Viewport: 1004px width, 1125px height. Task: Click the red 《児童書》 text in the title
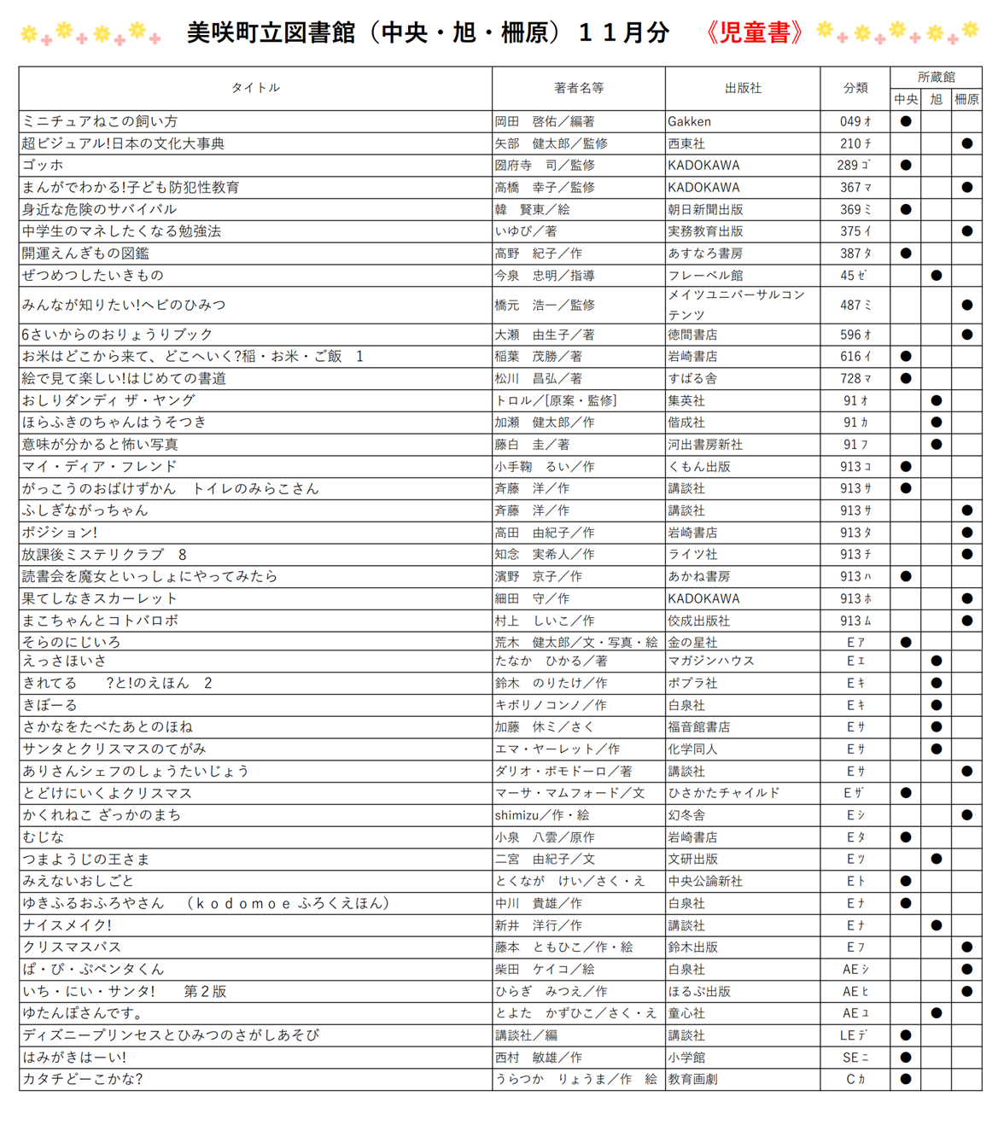click(x=755, y=32)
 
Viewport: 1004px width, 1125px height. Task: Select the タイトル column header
click(x=255, y=88)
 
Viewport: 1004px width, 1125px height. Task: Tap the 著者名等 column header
click(x=578, y=88)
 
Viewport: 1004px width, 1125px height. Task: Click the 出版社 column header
click(x=742, y=88)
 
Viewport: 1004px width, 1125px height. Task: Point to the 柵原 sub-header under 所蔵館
click(x=966, y=100)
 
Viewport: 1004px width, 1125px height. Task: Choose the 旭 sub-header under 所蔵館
click(x=937, y=100)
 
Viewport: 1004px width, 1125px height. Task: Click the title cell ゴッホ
click(x=43, y=166)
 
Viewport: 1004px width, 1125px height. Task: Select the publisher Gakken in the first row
click(x=689, y=122)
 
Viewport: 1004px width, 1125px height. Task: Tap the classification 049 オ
click(x=855, y=122)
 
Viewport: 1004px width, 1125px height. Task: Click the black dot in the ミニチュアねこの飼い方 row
click(x=906, y=122)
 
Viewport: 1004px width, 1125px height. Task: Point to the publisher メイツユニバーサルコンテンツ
click(x=736, y=305)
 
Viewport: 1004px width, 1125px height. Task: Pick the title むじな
click(x=43, y=837)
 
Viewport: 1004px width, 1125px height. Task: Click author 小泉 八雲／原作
click(x=545, y=837)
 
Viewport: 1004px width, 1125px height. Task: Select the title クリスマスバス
click(x=72, y=947)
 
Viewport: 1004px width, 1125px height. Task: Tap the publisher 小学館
click(x=686, y=1058)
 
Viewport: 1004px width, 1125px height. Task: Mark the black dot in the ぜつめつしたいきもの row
click(x=937, y=276)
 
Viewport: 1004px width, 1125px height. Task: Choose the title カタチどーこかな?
click(x=82, y=1079)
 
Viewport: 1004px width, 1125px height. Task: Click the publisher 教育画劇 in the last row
click(x=692, y=1079)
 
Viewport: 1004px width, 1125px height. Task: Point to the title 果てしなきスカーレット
click(x=99, y=599)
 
